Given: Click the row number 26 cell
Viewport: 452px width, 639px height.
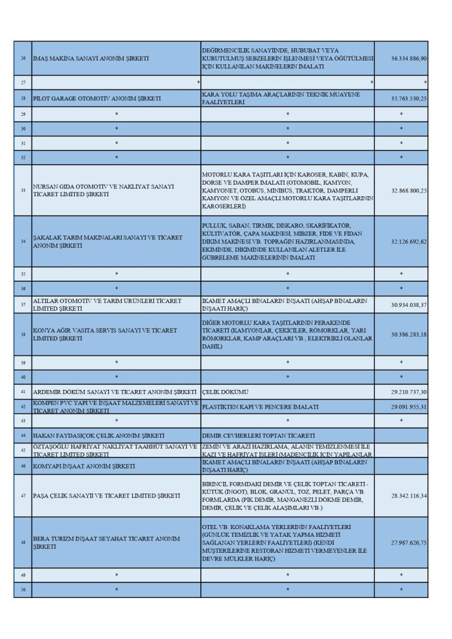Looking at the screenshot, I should click(x=23, y=59).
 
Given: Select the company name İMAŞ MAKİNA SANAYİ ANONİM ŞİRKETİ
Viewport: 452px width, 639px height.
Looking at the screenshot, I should click(x=91, y=59).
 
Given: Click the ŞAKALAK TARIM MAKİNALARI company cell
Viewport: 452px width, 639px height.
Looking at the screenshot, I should click(x=108, y=241).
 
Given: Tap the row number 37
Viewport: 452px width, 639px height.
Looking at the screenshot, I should click(x=23, y=304).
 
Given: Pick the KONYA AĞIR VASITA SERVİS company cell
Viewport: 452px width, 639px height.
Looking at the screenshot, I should click(x=105, y=334).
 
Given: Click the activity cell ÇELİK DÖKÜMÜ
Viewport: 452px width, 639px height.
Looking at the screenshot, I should click(x=225, y=392).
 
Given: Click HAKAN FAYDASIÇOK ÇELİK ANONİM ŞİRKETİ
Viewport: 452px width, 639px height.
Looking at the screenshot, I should click(x=99, y=436).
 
